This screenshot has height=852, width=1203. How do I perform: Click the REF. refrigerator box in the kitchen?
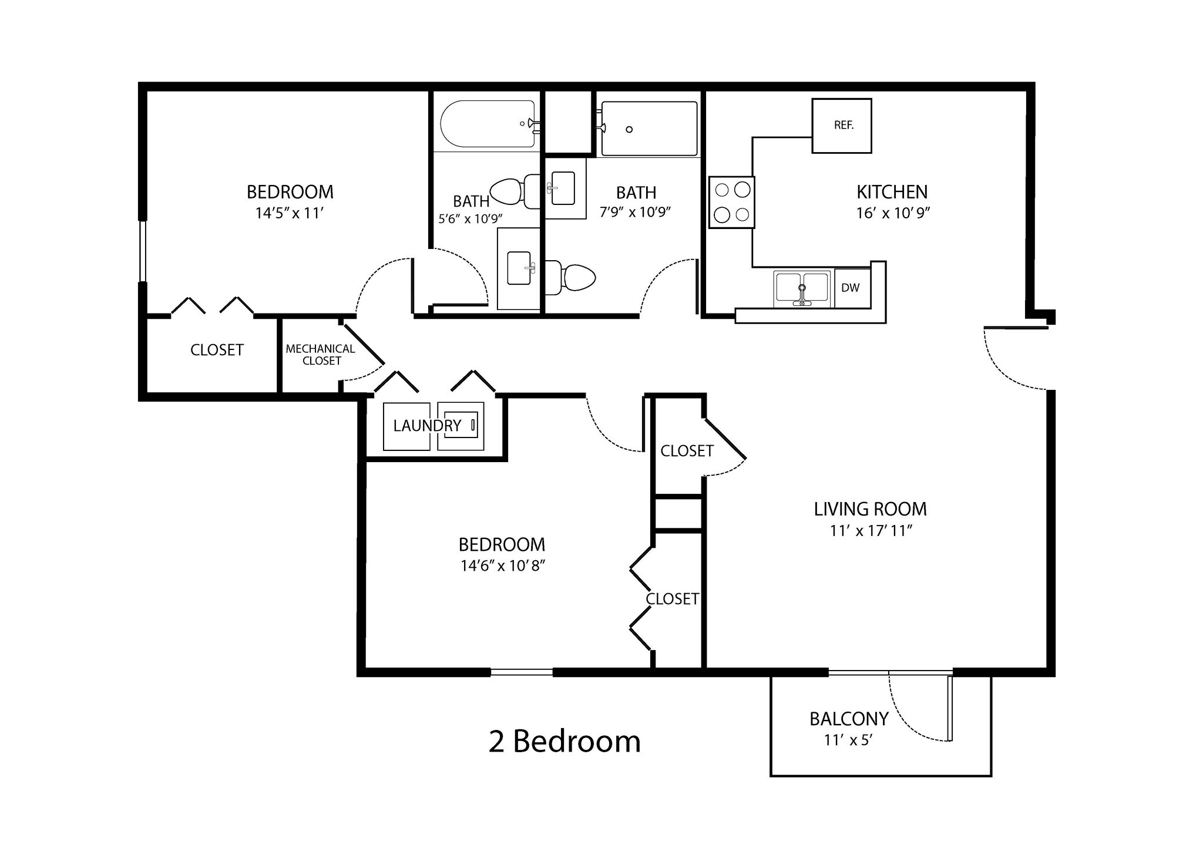point(841,126)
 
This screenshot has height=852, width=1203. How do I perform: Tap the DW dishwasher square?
point(851,288)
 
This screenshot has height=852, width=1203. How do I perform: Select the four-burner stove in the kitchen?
point(731,203)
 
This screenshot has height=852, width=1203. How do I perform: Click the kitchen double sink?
point(802,288)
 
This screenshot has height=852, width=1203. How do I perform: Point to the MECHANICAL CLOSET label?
point(321,355)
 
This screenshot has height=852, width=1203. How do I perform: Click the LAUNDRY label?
point(427,426)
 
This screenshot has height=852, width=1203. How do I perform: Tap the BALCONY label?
point(848,719)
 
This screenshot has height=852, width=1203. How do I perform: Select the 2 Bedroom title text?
point(564,742)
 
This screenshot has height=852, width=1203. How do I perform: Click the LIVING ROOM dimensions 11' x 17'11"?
point(871,531)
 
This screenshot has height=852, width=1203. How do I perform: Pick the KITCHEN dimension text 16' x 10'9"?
point(892,213)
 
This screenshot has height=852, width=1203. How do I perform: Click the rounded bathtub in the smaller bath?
point(488,124)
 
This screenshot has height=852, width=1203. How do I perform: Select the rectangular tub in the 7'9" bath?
point(649,129)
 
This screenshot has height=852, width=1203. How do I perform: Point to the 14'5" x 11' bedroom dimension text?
point(290,213)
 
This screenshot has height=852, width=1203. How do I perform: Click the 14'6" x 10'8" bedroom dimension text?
point(503,566)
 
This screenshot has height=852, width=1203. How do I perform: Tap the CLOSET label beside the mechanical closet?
point(217,350)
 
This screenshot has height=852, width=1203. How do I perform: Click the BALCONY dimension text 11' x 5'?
point(848,740)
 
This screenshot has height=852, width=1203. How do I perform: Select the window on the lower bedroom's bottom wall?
point(521,672)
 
